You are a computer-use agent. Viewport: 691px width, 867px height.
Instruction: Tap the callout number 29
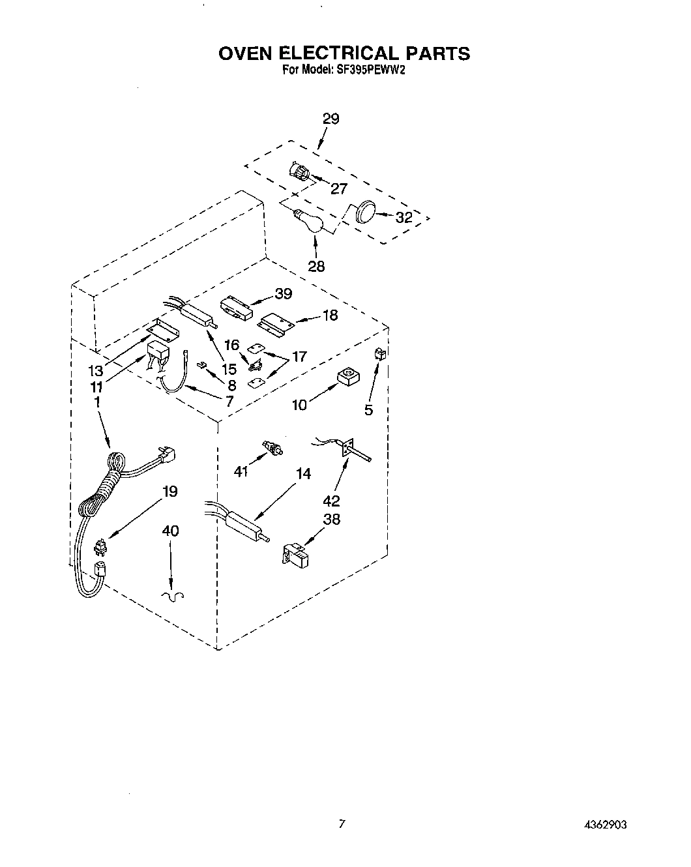[331, 119]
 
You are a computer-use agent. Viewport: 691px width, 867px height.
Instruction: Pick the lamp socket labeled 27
[299, 173]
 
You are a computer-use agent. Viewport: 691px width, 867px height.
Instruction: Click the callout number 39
[283, 294]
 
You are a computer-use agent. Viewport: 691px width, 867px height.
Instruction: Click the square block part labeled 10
[346, 377]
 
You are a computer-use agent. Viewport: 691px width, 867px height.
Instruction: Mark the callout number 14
[303, 474]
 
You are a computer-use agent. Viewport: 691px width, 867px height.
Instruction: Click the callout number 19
[169, 491]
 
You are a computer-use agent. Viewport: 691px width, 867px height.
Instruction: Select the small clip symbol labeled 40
[173, 595]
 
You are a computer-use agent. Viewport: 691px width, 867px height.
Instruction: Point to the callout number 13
[96, 371]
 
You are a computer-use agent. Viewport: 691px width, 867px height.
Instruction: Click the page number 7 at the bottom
[341, 825]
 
